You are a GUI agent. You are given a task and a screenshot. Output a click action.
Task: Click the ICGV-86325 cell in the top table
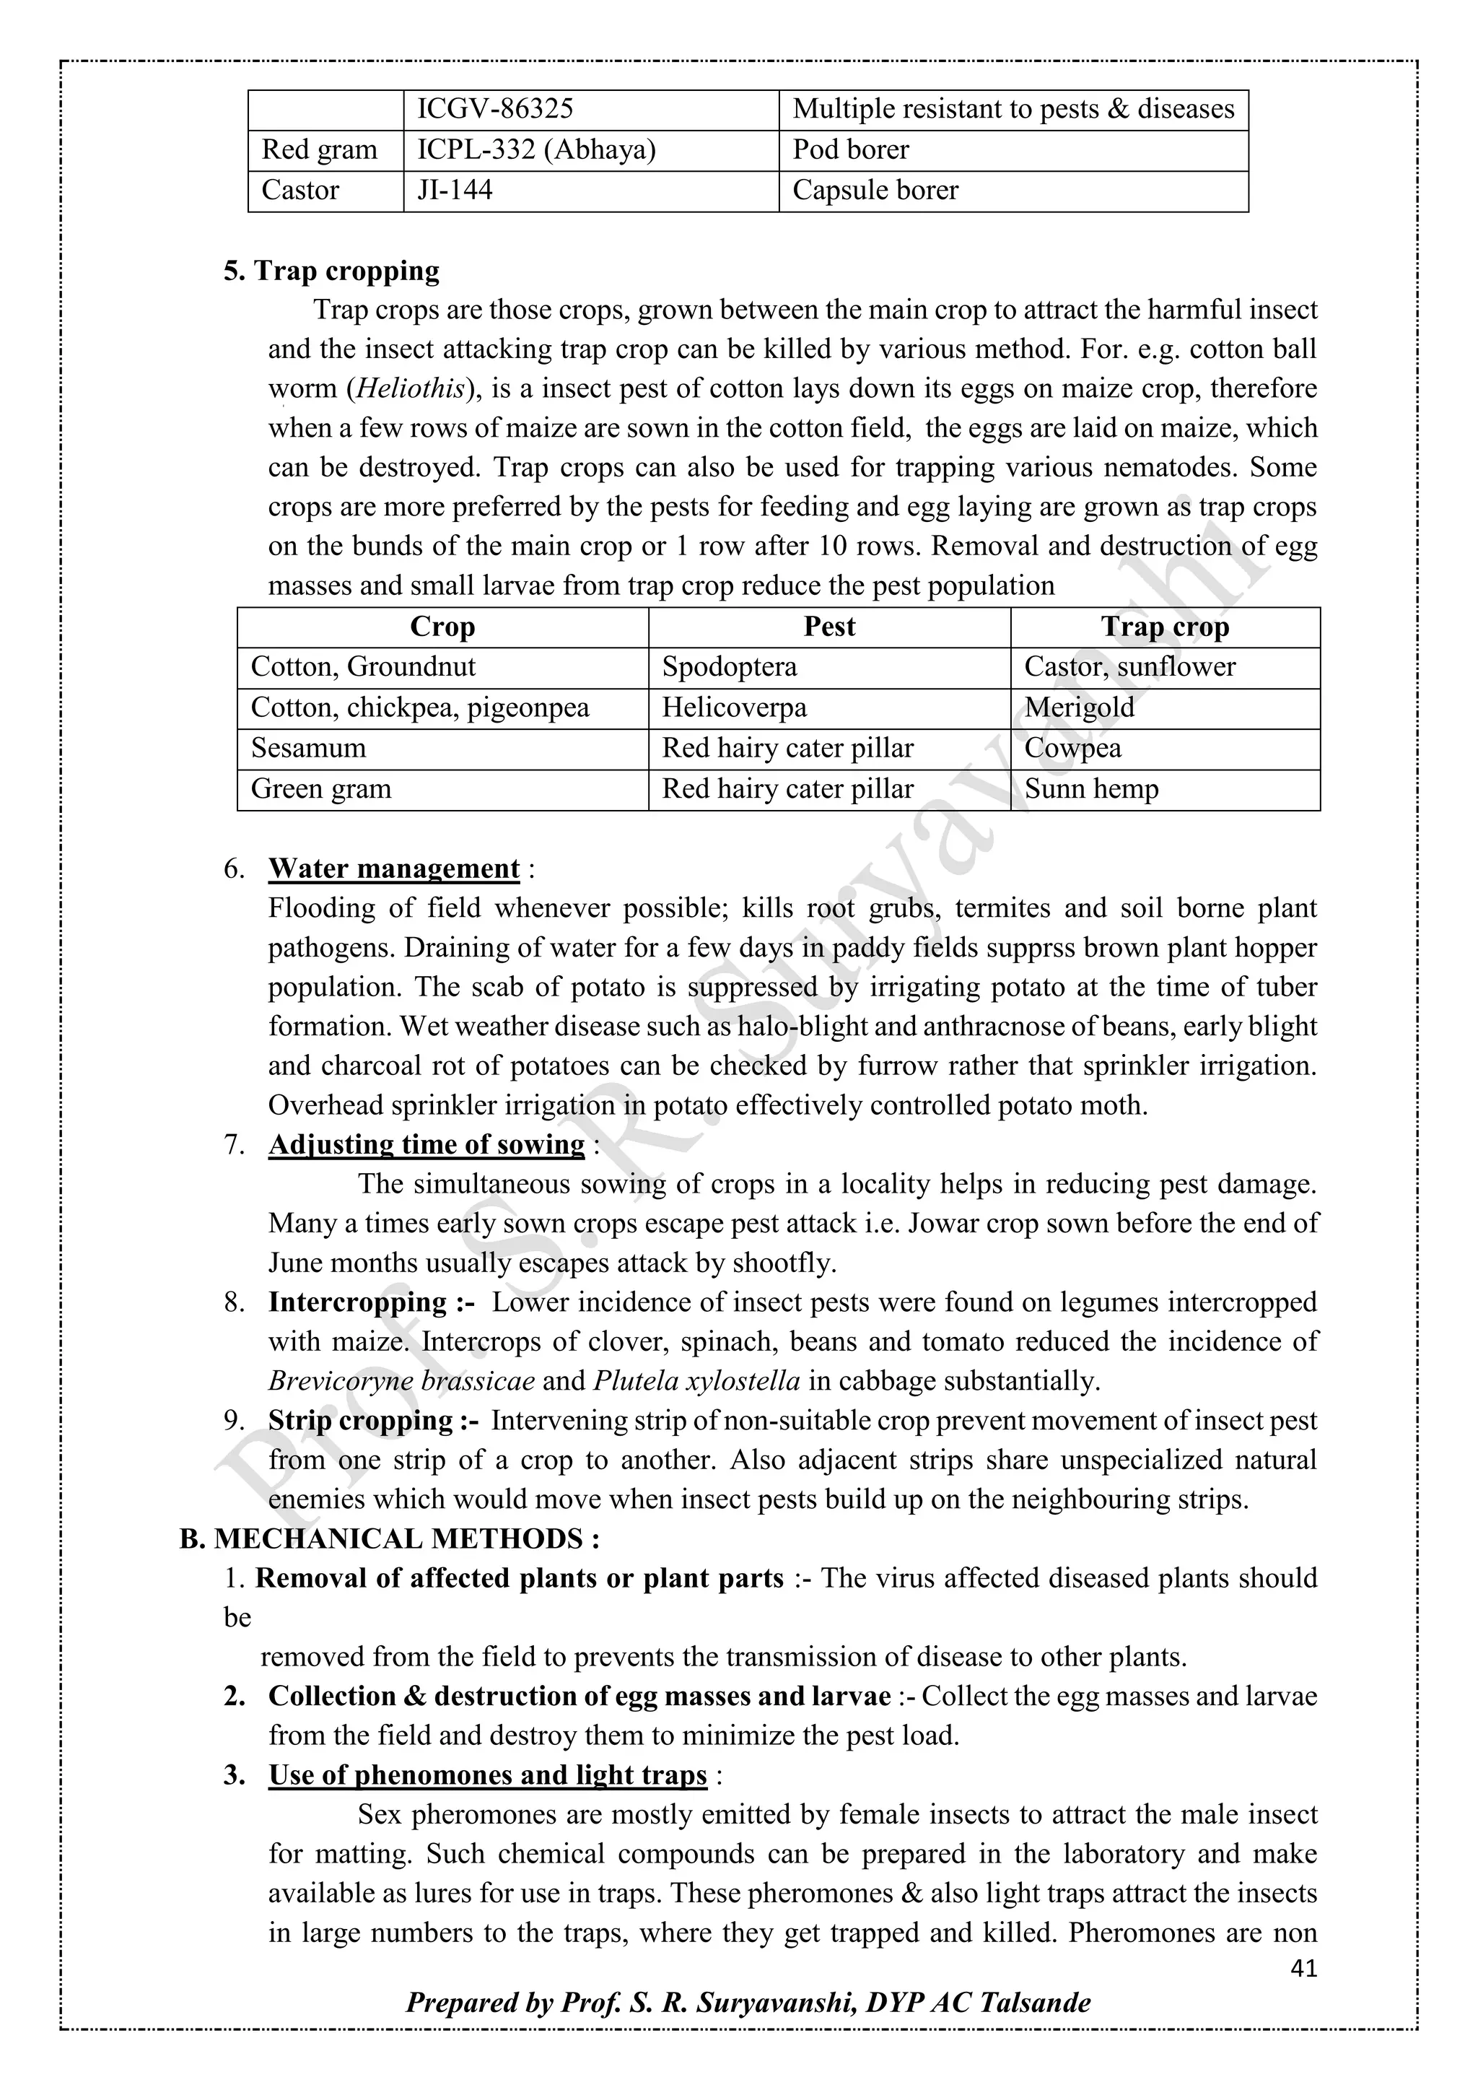click(x=495, y=109)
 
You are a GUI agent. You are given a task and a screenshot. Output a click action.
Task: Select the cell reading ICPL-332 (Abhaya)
click(x=536, y=149)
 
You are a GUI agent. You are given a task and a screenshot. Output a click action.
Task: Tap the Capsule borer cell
click(x=875, y=191)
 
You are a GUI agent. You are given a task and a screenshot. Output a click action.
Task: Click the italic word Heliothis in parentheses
click(x=409, y=388)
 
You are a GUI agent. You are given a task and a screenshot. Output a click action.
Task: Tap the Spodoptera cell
click(x=729, y=667)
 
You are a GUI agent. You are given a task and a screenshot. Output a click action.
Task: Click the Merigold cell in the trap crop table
click(x=1080, y=707)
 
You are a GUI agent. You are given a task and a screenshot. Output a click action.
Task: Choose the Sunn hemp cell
click(x=1091, y=788)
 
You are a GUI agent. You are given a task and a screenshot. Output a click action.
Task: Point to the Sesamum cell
click(x=309, y=748)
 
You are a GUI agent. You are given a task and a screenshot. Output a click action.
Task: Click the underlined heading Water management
click(x=394, y=868)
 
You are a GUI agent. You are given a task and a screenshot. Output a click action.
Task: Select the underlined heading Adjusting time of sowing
click(x=426, y=1144)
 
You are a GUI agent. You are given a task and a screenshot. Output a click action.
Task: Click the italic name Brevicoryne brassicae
click(x=401, y=1381)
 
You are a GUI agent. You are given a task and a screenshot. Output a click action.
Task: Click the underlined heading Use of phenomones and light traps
click(x=487, y=1775)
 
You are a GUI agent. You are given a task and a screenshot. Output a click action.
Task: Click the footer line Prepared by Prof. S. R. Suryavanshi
click(x=748, y=2003)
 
